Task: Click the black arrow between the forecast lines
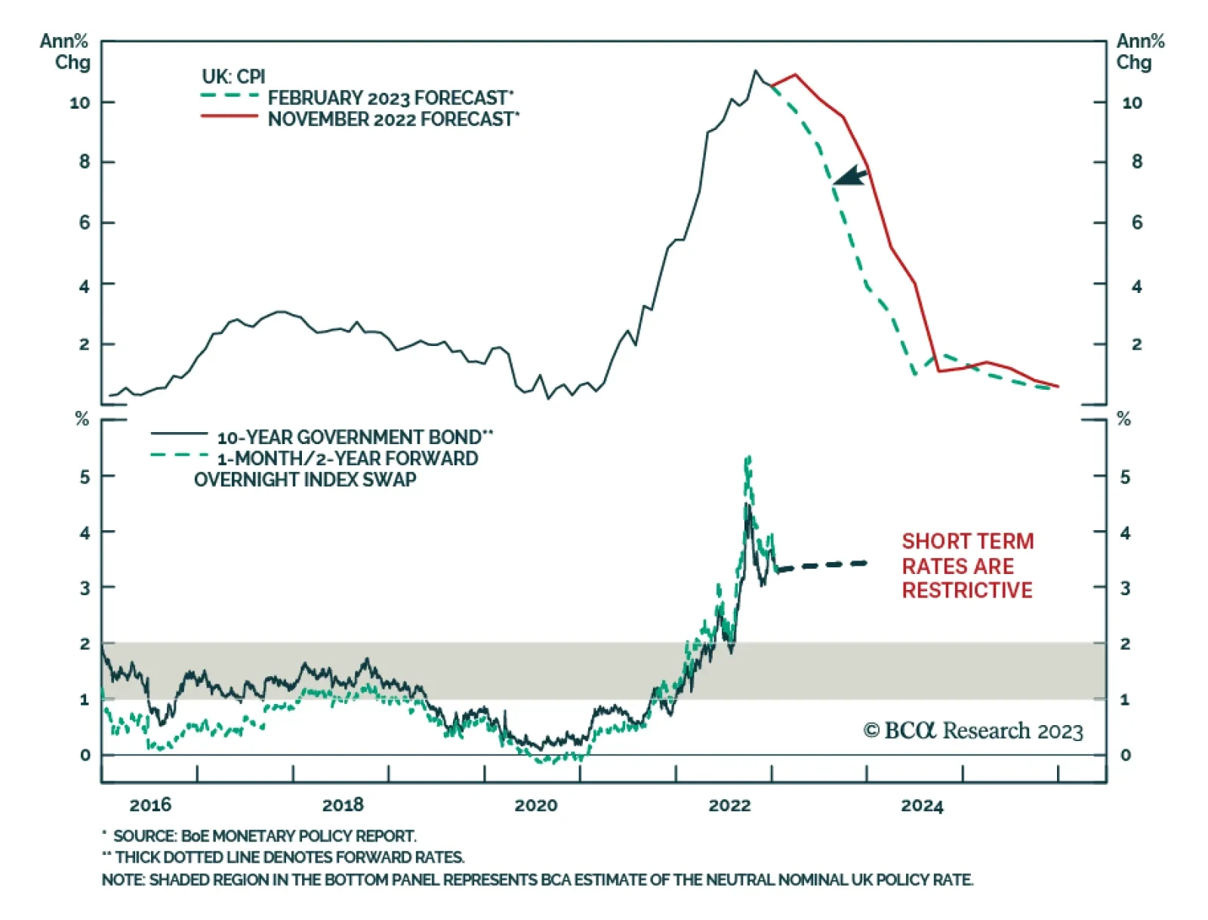click(851, 177)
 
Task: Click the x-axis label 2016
click(150, 805)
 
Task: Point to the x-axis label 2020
click(535, 805)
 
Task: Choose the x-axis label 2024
click(922, 806)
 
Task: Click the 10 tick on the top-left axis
click(80, 103)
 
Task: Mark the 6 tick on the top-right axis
click(1136, 222)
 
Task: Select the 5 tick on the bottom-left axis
click(85, 477)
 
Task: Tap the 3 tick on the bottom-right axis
click(1125, 588)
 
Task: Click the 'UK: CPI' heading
click(233, 76)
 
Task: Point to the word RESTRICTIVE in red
click(967, 590)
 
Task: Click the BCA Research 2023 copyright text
click(972, 730)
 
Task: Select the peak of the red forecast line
click(796, 75)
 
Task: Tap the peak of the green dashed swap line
click(747, 457)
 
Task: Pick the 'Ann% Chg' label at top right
click(1139, 51)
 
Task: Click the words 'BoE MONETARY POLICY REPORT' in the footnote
click(299, 836)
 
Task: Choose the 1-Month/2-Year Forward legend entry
click(347, 458)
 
